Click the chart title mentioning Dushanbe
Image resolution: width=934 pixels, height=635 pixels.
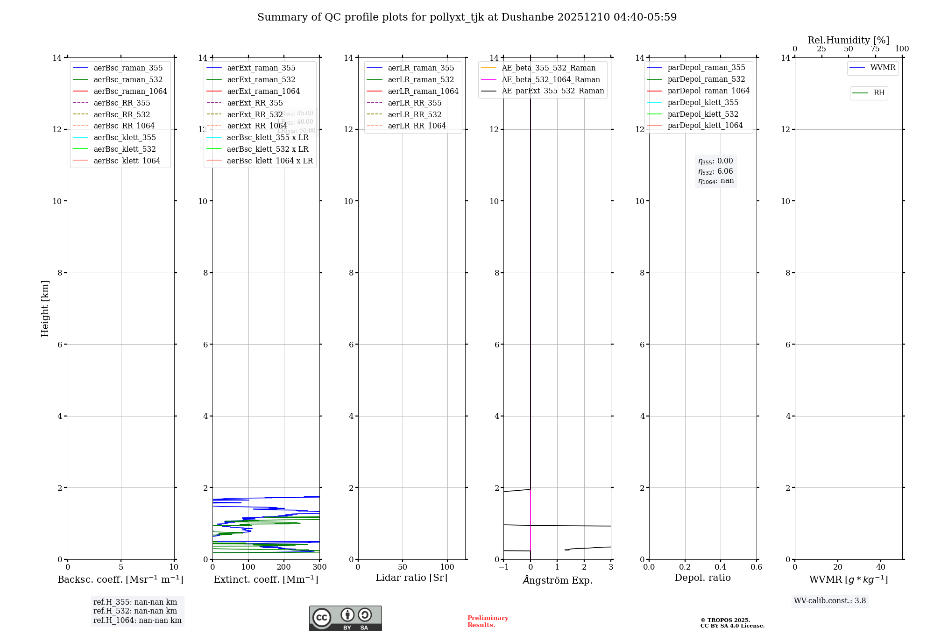click(467, 17)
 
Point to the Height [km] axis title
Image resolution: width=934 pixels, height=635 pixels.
click(45, 308)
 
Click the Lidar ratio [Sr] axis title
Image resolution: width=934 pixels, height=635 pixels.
click(411, 578)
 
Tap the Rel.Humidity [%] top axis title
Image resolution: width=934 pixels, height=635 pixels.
click(848, 40)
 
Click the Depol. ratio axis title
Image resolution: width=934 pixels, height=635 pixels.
click(702, 578)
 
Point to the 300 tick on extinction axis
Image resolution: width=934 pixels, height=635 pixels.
click(320, 567)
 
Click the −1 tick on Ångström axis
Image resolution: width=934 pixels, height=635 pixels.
click(503, 567)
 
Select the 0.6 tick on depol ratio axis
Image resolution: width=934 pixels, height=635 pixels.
click(756, 567)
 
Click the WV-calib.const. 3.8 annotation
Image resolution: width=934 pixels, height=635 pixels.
click(830, 601)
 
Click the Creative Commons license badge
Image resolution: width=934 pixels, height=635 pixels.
click(345, 619)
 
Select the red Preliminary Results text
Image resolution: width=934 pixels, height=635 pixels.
click(488, 621)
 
